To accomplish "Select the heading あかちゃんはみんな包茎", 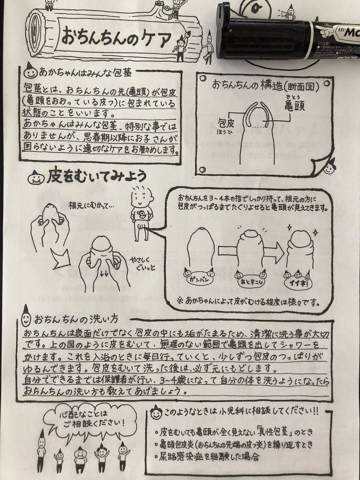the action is (x=85, y=72).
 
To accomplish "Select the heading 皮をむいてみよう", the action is (x=96, y=177).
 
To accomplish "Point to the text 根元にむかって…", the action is (x=91, y=206).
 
